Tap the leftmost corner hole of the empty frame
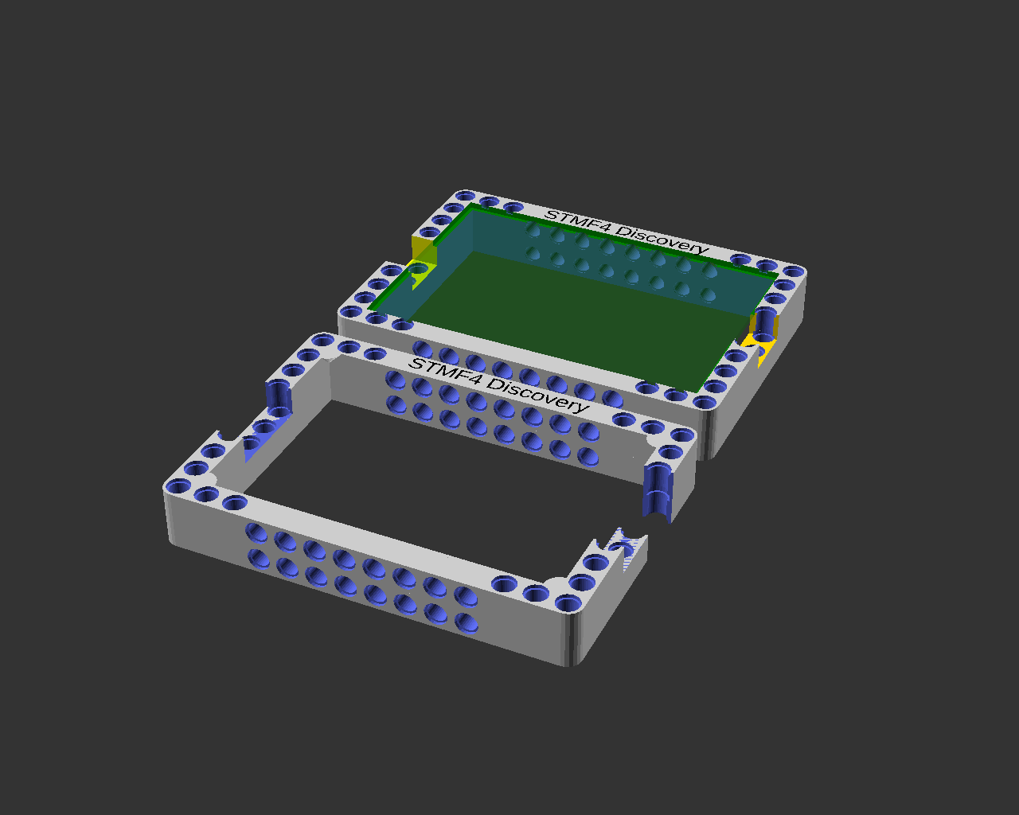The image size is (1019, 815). point(179,486)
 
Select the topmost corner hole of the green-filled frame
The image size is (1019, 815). point(466,196)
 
